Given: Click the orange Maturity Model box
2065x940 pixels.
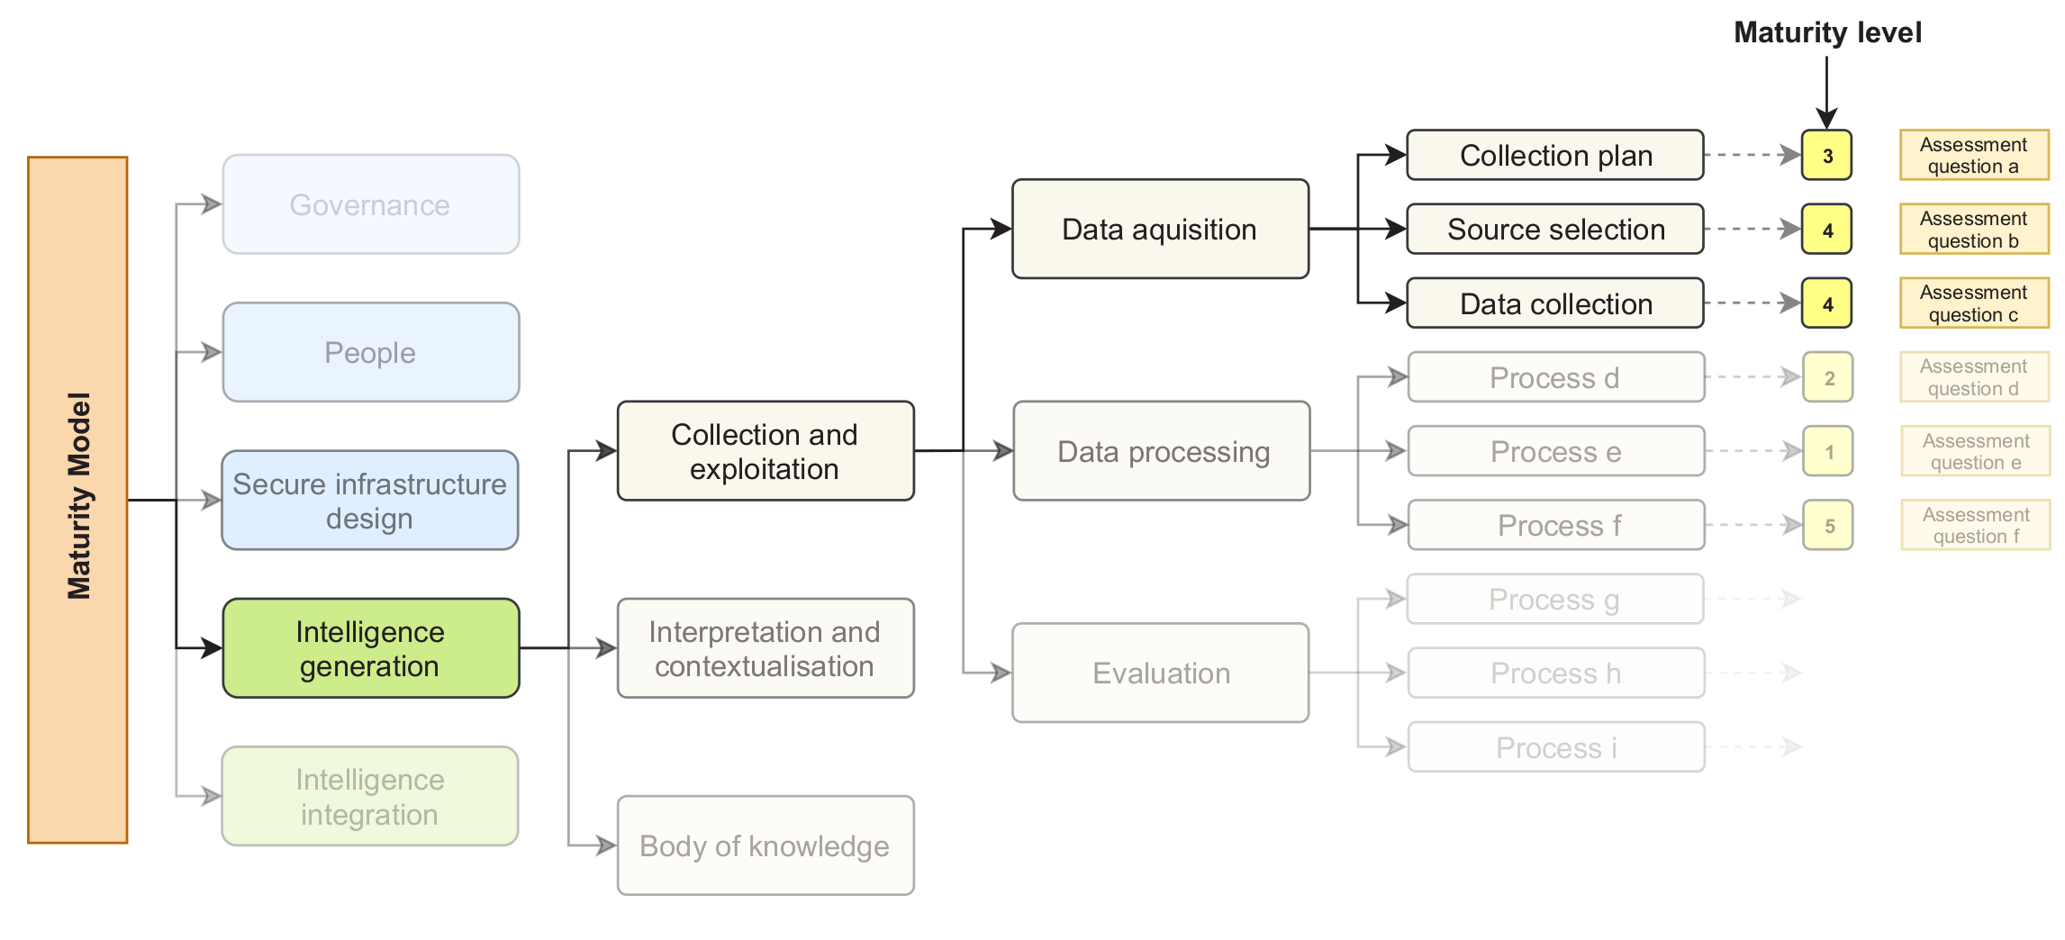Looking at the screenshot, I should [77, 500].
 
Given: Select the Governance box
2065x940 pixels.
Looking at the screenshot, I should [370, 204].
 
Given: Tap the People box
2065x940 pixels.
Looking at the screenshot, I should [370, 352].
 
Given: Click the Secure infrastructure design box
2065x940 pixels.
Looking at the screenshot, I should [370, 501].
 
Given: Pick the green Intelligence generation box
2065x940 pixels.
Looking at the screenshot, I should [370, 648].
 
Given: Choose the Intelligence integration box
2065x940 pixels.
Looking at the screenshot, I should [370, 796].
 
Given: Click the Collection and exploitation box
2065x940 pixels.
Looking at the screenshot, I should [765, 451].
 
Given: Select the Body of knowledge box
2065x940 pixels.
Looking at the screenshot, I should [765, 845].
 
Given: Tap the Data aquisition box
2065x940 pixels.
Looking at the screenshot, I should [1159, 229].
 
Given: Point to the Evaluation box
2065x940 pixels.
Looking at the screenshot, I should [1159, 673].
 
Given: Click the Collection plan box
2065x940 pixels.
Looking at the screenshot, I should [1554, 155].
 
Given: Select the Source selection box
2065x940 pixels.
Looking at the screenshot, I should [1554, 229].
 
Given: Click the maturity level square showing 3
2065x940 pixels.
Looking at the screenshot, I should [1826, 155].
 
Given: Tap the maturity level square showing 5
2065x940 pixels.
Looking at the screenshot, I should [1828, 525].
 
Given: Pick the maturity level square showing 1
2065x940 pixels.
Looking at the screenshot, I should [1828, 451].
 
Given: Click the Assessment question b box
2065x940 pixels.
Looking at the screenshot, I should [1973, 229].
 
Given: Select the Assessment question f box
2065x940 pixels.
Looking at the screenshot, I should [1975, 525].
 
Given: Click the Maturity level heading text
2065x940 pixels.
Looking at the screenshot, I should [1826, 32].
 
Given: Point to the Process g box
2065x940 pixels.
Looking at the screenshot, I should [1554, 599].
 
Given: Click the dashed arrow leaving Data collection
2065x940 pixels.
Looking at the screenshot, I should [1751, 303].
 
